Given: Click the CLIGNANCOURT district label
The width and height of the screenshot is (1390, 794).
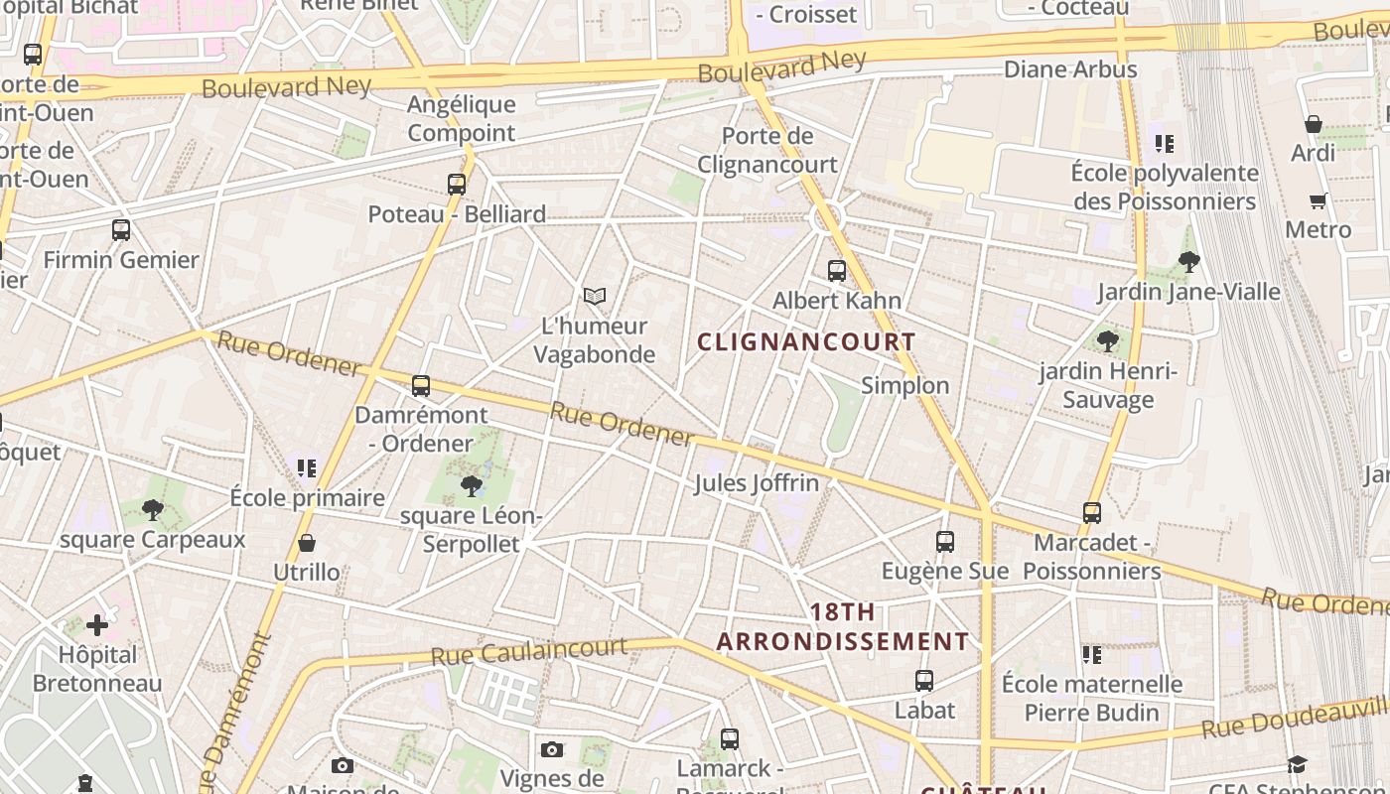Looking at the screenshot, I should pos(806,342).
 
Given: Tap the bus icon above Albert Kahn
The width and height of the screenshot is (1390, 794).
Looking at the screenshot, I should pos(837,270).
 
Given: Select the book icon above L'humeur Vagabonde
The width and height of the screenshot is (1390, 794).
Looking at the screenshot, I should pos(595,296).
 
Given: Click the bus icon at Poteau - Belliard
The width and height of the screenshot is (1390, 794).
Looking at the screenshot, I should pos(457,184).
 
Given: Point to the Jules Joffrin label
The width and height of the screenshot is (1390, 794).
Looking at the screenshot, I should pos(757,483).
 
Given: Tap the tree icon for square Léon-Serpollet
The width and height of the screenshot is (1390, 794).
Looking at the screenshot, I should pos(472,485).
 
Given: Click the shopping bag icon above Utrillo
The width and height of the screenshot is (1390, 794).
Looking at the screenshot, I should pos(307,543).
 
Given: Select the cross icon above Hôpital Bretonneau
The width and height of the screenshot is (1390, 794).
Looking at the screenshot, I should pos(97,625).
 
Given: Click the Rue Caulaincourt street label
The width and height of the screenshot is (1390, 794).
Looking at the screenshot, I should pos(528,651).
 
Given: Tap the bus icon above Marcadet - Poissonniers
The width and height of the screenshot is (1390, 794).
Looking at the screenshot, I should pos(1092,512).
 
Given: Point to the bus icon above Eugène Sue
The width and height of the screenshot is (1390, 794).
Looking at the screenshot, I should pos(945,541).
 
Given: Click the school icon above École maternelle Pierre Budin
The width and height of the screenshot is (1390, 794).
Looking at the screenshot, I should pos(1092,654).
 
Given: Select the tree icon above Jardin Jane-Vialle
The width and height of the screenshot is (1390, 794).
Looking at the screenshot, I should pos(1188,262).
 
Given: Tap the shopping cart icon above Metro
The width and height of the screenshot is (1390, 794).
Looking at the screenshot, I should pos(1319,200).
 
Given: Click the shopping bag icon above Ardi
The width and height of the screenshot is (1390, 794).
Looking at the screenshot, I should pos(1314,124).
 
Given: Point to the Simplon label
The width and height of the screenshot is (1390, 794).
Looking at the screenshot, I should pos(904,385).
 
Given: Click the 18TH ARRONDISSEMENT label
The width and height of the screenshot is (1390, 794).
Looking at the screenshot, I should pos(842,626).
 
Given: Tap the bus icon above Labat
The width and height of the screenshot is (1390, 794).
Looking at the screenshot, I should pos(924,680).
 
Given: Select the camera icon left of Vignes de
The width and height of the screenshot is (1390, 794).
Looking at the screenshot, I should pos(552,749).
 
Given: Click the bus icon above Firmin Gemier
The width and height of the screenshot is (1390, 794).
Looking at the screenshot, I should pos(121,230).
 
